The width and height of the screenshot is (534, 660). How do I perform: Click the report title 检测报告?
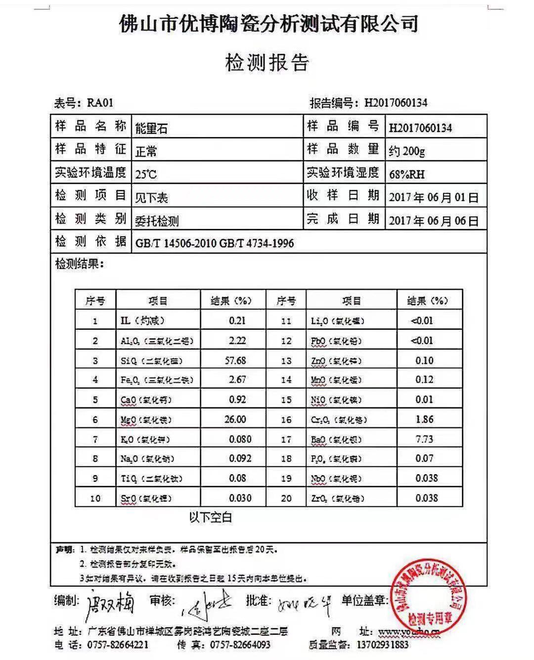[267, 63]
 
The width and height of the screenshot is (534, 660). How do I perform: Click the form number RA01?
[100, 103]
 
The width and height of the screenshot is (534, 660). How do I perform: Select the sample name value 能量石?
[151, 129]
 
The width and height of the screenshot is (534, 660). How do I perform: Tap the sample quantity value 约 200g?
[406, 151]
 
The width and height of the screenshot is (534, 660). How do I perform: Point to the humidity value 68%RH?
[406, 174]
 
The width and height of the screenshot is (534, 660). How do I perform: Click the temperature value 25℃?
[146, 174]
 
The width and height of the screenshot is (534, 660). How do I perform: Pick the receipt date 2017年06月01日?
[434, 197]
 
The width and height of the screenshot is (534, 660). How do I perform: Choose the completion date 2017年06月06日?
[434, 220]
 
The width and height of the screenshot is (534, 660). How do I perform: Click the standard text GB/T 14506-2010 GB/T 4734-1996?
[215, 243]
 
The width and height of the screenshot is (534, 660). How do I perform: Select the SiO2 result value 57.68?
[235, 360]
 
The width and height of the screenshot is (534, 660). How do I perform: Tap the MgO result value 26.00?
[235, 419]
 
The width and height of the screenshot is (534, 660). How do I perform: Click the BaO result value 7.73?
[424, 439]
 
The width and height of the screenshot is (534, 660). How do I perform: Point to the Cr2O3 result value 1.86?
[424, 419]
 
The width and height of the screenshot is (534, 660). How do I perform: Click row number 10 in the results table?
[95, 498]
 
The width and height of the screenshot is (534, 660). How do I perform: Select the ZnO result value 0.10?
[424, 360]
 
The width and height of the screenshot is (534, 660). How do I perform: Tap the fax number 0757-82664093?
[240, 645]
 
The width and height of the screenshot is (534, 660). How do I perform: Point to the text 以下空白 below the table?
[210, 518]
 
